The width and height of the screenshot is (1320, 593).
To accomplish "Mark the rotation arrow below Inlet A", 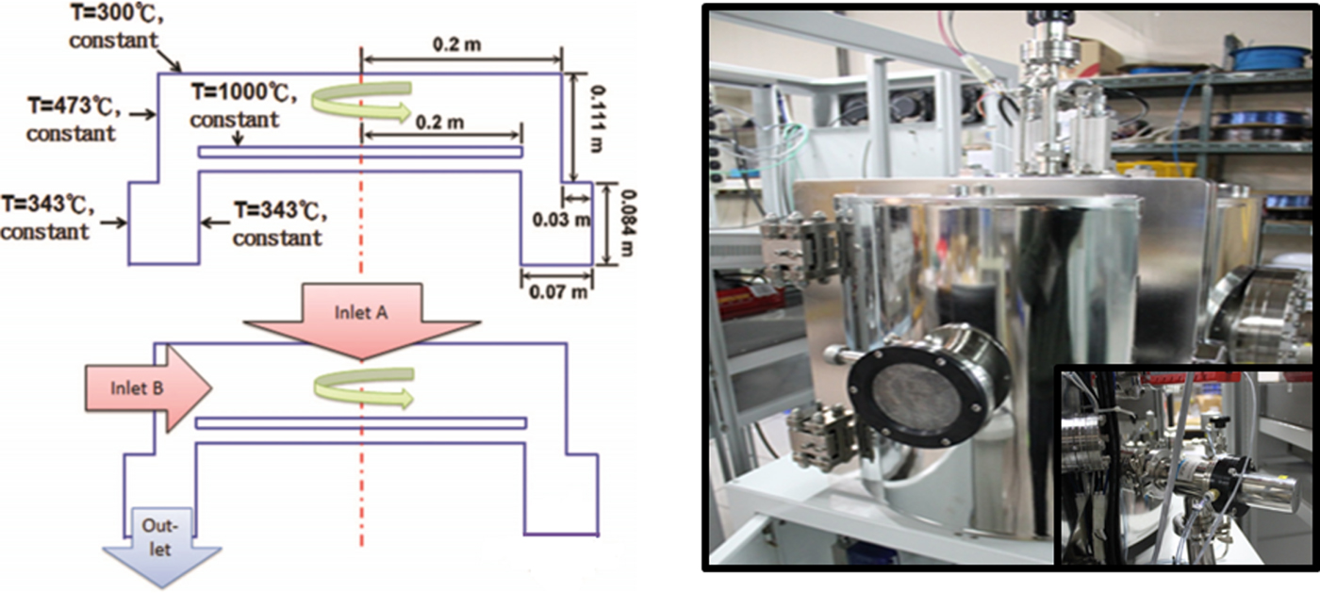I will pyautogui.click(x=363, y=387).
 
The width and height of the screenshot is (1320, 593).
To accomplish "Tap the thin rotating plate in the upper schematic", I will pyautogui.click(x=360, y=151).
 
